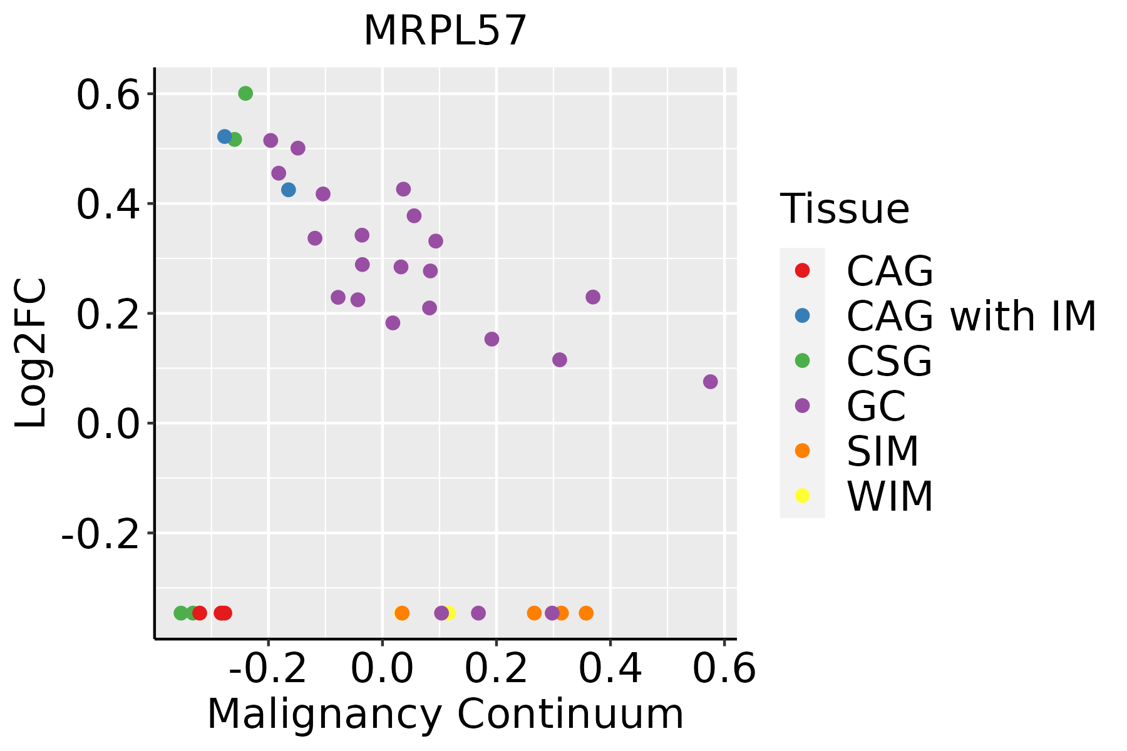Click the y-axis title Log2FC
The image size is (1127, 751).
click(x=31, y=354)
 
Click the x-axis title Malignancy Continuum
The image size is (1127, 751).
click(x=445, y=714)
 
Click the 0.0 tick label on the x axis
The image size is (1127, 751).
click(x=382, y=669)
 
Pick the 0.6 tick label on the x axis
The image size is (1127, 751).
click(x=724, y=669)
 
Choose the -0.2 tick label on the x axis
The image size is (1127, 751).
click(x=267, y=669)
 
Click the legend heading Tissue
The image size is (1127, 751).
click(x=845, y=209)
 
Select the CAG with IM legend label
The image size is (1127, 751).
click(x=971, y=316)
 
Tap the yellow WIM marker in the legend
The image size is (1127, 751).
click(x=802, y=496)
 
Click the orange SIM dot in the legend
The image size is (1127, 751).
click(x=802, y=451)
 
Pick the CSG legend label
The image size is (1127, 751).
click(x=889, y=361)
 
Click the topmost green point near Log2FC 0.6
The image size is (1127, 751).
click(x=245, y=93)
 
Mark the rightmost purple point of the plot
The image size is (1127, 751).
click(x=710, y=382)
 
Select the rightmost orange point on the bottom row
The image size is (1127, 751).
click(x=586, y=613)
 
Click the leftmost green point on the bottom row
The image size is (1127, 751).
click(x=181, y=613)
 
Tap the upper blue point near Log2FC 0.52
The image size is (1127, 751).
click(x=225, y=136)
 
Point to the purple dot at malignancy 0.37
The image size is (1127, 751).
click(x=593, y=297)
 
